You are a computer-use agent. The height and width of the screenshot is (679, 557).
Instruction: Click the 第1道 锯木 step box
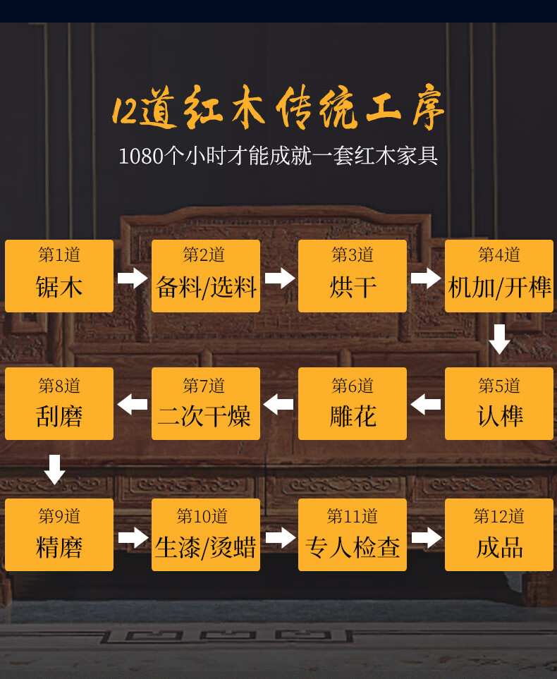pos(59,276)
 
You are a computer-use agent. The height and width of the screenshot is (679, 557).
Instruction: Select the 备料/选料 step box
pos(206,276)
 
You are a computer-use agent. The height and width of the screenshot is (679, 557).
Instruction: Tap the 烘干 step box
pos(353,276)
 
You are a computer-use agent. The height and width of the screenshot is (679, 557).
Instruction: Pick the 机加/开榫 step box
pos(499,276)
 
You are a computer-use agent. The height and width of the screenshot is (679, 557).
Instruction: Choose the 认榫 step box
pos(499,404)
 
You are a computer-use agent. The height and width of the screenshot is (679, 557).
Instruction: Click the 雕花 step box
pos(353,404)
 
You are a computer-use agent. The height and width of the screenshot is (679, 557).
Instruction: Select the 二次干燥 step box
pos(206,404)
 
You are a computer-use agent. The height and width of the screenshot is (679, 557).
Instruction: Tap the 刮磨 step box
pos(59,404)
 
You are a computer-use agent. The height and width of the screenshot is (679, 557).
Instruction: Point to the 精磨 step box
pos(59,534)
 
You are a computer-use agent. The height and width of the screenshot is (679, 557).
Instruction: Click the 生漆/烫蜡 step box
pos(206,534)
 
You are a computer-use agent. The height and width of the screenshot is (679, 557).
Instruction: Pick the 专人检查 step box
pos(353,534)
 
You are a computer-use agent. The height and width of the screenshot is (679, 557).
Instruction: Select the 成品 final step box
pos(499,534)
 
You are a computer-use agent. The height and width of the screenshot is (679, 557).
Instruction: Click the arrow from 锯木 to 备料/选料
pos(133,277)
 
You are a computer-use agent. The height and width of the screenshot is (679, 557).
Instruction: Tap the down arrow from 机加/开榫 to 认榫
pos(499,339)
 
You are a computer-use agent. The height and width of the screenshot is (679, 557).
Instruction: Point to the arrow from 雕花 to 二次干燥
pos(279,405)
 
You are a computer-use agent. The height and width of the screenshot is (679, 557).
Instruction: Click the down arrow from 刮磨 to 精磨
pos(54,469)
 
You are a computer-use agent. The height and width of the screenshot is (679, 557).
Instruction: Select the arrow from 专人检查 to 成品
pos(426,539)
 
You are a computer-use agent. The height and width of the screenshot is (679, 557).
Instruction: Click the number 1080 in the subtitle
pos(141,156)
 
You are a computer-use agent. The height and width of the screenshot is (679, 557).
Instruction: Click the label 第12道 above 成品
pos(499,517)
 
